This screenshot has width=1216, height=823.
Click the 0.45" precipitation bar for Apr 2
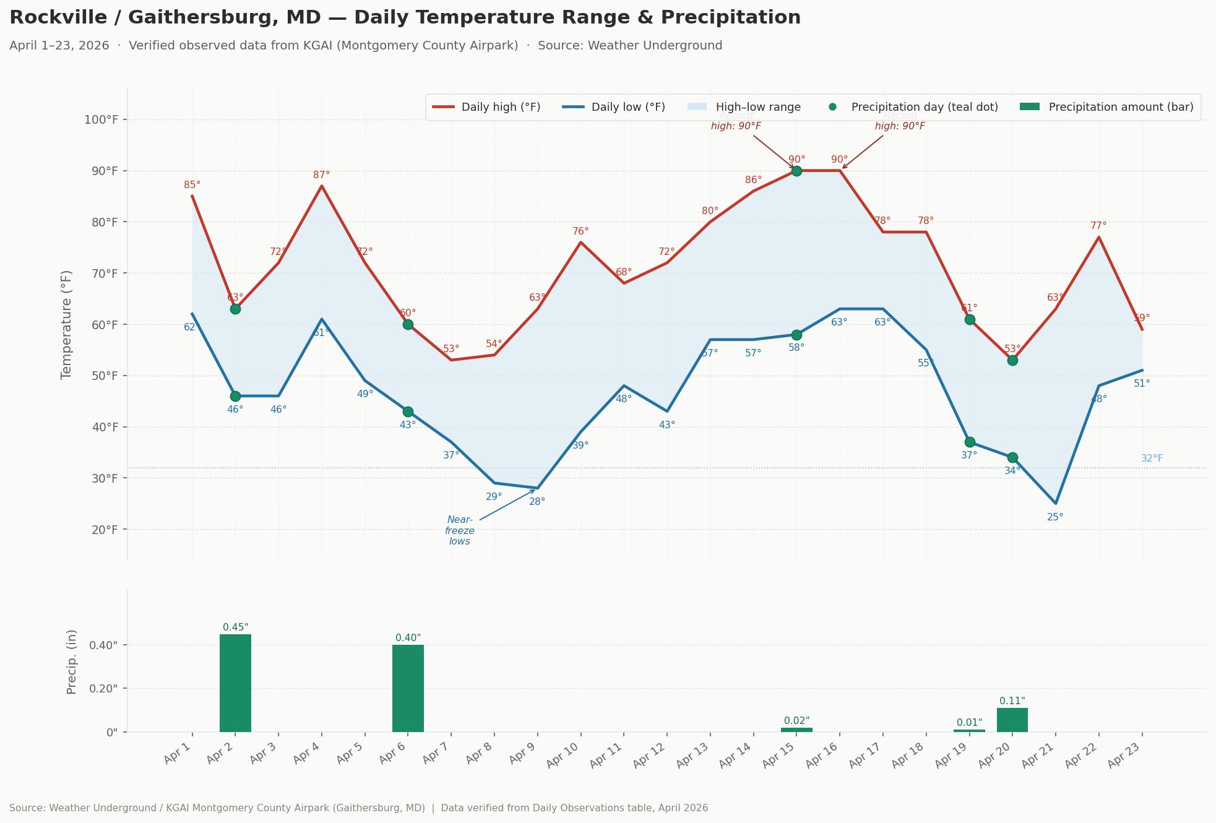click(x=235, y=683)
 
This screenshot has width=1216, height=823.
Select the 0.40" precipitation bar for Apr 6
click(x=408, y=687)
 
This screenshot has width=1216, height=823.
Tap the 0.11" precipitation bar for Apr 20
click(x=1012, y=720)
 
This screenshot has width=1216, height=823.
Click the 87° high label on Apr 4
click(x=321, y=175)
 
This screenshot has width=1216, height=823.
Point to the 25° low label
click(x=1055, y=517)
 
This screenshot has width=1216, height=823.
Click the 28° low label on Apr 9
click(x=537, y=502)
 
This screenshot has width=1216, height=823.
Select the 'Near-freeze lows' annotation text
click(x=460, y=530)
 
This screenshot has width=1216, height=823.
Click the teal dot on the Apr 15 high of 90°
click(x=796, y=171)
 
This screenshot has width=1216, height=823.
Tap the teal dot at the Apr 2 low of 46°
click(x=235, y=396)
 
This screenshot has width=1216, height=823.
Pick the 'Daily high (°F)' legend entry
click(x=486, y=107)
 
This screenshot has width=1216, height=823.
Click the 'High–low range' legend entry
click(x=744, y=107)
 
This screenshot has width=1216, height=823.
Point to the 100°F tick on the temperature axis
click(x=101, y=119)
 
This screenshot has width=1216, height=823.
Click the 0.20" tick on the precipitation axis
click(x=104, y=688)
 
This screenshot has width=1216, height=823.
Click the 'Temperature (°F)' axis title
click(x=67, y=324)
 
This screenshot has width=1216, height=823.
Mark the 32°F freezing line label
click(x=1152, y=459)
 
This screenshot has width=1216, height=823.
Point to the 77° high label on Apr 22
click(x=1098, y=226)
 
